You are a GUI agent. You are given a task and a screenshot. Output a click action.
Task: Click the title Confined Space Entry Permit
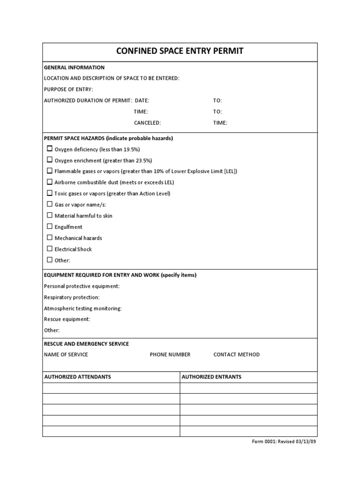[x=180, y=51]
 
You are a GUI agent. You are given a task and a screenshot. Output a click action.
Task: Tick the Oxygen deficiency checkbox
[x=50, y=149]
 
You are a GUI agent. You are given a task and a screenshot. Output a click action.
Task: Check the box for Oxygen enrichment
[x=50, y=160]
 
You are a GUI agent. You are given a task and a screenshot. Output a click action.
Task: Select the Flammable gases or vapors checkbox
[x=50, y=171]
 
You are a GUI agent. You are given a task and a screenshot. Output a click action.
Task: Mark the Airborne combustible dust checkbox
[x=50, y=182]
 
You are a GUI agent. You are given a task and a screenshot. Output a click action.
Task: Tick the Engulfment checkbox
[x=50, y=226]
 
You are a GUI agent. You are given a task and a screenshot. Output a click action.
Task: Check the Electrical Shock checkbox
[x=50, y=249]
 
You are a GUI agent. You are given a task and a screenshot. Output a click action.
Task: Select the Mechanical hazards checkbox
[x=50, y=238]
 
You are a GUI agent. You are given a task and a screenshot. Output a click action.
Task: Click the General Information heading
[x=74, y=67]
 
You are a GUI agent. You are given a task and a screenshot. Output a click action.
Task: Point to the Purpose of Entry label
[x=68, y=89]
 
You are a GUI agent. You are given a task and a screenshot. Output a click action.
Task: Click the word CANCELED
[x=147, y=123]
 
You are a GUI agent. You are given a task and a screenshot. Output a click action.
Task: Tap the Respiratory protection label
[x=72, y=297]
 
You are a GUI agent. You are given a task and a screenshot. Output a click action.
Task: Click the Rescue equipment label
[x=67, y=319]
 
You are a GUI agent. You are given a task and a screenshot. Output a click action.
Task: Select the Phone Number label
[x=170, y=354]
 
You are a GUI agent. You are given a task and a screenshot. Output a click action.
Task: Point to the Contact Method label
[x=236, y=354]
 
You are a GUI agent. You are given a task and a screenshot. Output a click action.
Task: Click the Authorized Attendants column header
[x=77, y=377]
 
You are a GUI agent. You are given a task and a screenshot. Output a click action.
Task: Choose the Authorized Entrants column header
[x=211, y=377]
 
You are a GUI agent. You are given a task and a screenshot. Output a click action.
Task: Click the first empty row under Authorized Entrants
[x=248, y=388]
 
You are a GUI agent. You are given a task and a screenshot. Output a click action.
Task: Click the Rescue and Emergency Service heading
[x=86, y=344]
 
